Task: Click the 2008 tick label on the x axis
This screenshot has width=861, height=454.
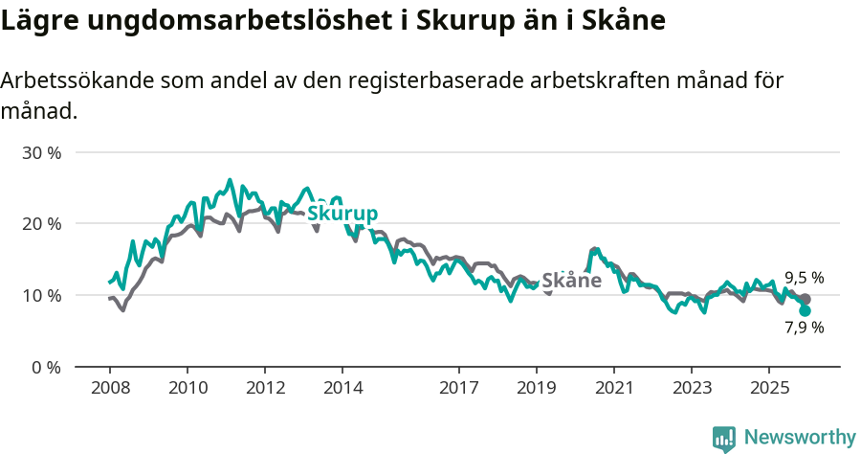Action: pyautogui.click(x=109, y=388)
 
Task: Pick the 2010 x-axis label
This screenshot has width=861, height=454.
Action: pyautogui.click(x=187, y=388)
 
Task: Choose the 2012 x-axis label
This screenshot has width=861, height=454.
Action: pyautogui.click(x=265, y=388)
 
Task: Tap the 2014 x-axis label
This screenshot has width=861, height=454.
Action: pyautogui.click(x=342, y=388)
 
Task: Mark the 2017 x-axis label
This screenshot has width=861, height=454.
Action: pyautogui.click(x=458, y=388)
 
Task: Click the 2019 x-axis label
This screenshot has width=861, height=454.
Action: pyautogui.click(x=536, y=388)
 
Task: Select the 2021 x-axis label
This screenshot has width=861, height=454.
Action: pyautogui.click(x=613, y=388)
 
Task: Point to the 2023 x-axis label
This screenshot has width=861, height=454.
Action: pyautogui.click(x=692, y=388)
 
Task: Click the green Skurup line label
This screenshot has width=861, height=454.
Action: pyautogui.click(x=342, y=214)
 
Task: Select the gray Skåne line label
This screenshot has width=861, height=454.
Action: pyautogui.click(x=571, y=281)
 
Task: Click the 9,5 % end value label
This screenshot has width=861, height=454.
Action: pyautogui.click(x=804, y=278)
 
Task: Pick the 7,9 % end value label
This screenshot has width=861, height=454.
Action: pyautogui.click(x=804, y=328)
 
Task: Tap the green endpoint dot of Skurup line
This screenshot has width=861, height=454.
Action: pyautogui.click(x=805, y=310)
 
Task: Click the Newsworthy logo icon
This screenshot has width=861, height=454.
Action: pyautogui.click(x=724, y=438)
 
